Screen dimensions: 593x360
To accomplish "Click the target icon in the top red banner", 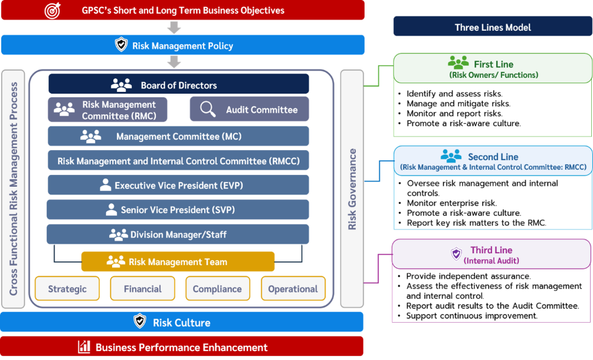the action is (x=52, y=11).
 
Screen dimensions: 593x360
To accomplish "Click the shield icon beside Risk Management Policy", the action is (x=121, y=44).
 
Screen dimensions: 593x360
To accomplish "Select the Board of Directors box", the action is (x=178, y=84).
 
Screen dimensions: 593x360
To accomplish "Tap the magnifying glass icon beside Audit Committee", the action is (x=208, y=109).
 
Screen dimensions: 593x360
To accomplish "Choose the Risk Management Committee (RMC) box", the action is (x=107, y=110).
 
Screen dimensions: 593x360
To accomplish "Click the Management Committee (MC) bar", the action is (x=178, y=136).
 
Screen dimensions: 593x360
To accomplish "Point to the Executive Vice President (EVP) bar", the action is (x=178, y=185).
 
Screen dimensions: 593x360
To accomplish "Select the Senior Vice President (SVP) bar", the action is (x=178, y=209).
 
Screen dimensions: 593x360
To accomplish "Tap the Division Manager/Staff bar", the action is (x=178, y=234).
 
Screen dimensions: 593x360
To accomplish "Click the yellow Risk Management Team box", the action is (x=178, y=262).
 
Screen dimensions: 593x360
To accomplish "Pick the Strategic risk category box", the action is (x=68, y=288).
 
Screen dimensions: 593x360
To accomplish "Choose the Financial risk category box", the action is (x=142, y=288).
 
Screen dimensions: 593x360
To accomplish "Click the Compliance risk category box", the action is (x=218, y=288).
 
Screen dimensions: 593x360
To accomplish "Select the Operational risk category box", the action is (x=293, y=288).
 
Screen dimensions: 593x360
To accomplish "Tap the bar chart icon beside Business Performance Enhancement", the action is (x=84, y=346).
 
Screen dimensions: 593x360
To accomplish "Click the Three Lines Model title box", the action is (x=493, y=26).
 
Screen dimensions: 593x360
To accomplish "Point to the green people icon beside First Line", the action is (x=458, y=62).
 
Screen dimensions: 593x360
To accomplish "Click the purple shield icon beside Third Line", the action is (x=457, y=254).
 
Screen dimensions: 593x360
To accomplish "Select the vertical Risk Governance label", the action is (x=352, y=189).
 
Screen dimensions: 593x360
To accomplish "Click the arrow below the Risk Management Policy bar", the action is (x=174, y=61).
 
